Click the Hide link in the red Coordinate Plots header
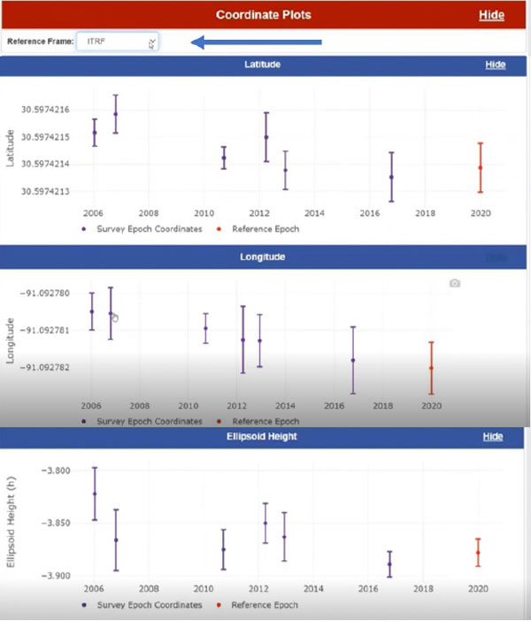point(491,15)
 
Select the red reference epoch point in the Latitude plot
point(481,167)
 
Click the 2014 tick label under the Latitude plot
point(315,213)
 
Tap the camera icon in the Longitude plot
point(454,283)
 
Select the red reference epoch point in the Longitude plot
point(431,368)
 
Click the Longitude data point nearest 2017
point(353,360)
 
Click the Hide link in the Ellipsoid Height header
point(492,437)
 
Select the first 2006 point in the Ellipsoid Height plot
point(95,494)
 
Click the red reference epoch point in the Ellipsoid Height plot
point(478,553)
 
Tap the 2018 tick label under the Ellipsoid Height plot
point(425,589)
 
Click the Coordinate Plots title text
point(265,15)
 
